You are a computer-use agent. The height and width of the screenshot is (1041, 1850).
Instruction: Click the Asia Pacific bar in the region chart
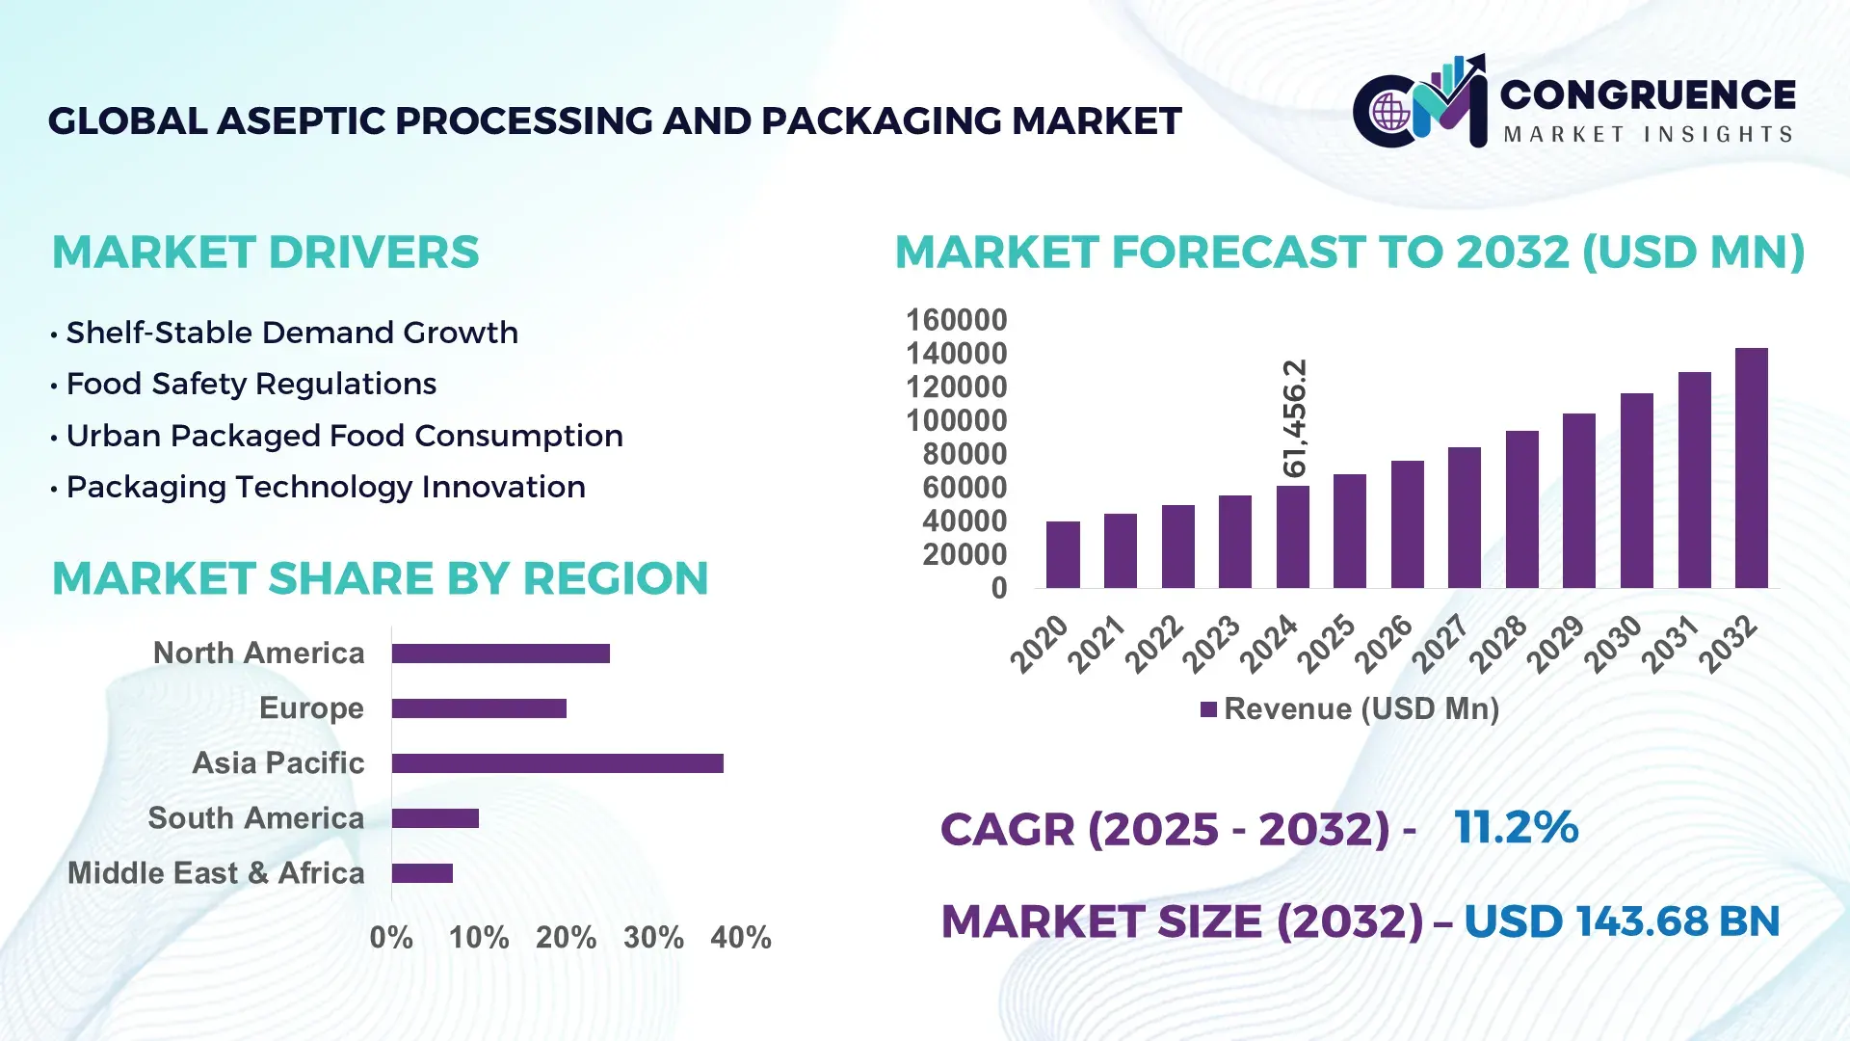557,763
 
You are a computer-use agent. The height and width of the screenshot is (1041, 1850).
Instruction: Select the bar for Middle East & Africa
422,873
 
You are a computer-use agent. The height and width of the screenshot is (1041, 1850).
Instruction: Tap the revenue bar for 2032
1751,468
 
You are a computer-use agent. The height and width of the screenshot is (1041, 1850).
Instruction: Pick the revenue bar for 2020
1063,554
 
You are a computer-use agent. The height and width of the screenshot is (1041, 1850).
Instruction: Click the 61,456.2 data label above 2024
1294,417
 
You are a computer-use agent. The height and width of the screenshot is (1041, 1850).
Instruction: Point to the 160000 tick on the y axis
956,320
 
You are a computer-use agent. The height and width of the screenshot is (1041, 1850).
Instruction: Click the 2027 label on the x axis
1440,644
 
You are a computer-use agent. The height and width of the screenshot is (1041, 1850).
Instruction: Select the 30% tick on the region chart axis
653,937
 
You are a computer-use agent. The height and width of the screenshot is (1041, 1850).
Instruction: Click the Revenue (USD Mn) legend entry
1350,709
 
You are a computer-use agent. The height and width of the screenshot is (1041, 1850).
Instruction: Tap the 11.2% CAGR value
1516,827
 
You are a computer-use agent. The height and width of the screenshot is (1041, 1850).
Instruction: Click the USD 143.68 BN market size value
1621,921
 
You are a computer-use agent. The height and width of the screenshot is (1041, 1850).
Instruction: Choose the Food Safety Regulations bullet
251,384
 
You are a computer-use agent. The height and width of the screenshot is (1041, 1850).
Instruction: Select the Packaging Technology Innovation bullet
325,487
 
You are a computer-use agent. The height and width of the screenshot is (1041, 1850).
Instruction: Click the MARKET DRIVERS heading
265,253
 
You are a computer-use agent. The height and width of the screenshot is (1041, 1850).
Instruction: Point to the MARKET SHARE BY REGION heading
380,578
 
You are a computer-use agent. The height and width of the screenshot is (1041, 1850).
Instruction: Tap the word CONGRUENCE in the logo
1647,94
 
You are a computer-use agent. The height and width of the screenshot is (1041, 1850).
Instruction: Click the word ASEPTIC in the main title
303,121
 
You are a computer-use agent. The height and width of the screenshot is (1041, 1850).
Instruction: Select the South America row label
255,818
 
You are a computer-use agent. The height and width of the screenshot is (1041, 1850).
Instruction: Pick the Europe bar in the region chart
479,708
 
